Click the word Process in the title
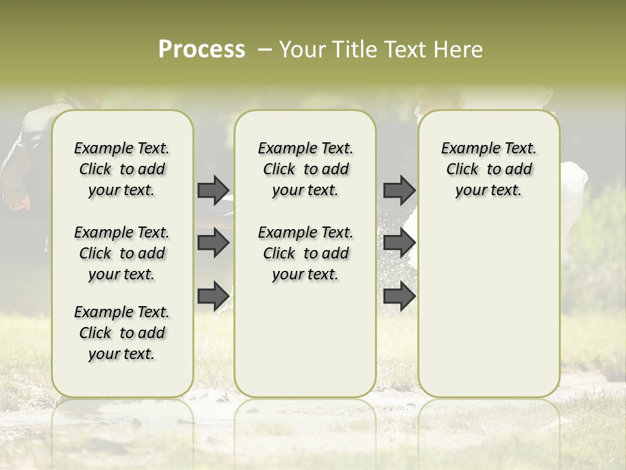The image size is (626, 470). click(x=201, y=50)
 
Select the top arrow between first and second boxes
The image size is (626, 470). click(x=213, y=190)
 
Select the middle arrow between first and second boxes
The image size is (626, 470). click(x=213, y=243)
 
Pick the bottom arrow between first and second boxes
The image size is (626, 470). click(x=213, y=296)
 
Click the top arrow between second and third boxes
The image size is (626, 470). click(x=399, y=190)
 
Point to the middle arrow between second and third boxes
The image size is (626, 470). click(x=399, y=243)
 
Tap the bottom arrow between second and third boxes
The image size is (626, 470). click(x=399, y=296)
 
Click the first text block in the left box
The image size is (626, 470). click(x=122, y=169)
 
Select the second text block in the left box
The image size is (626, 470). click(x=122, y=253)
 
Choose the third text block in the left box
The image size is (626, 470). click(x=122, y=333)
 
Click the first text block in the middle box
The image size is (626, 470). click(x=305, y=169)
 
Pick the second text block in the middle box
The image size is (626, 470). click(x=305, y=253)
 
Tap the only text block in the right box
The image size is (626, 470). click(x=488, y=169)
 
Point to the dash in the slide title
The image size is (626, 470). click(x=265, y=50)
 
